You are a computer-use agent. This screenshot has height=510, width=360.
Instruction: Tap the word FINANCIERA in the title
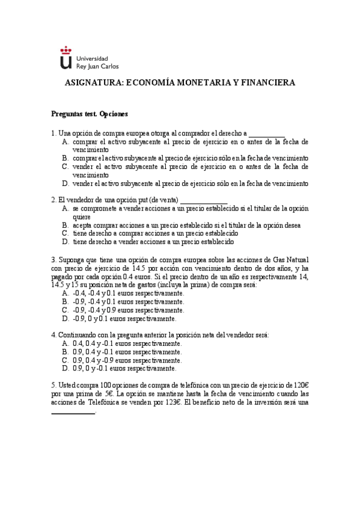[266, 84]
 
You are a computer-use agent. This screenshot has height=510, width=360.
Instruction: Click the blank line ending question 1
[267, 134]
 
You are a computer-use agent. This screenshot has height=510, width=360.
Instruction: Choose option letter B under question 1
[65, 158]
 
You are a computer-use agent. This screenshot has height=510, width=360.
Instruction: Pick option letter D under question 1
[65, 183]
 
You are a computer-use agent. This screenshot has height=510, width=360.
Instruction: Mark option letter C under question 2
[65, 233]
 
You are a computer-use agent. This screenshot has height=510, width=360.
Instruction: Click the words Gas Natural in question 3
[291, 260]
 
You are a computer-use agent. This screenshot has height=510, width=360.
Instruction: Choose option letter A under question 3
[65, 293]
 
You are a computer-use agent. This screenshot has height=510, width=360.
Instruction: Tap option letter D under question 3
[65, 318]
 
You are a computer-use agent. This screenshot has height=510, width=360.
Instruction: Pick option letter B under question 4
[65, 352]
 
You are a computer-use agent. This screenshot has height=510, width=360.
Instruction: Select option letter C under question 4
[65, 360]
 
